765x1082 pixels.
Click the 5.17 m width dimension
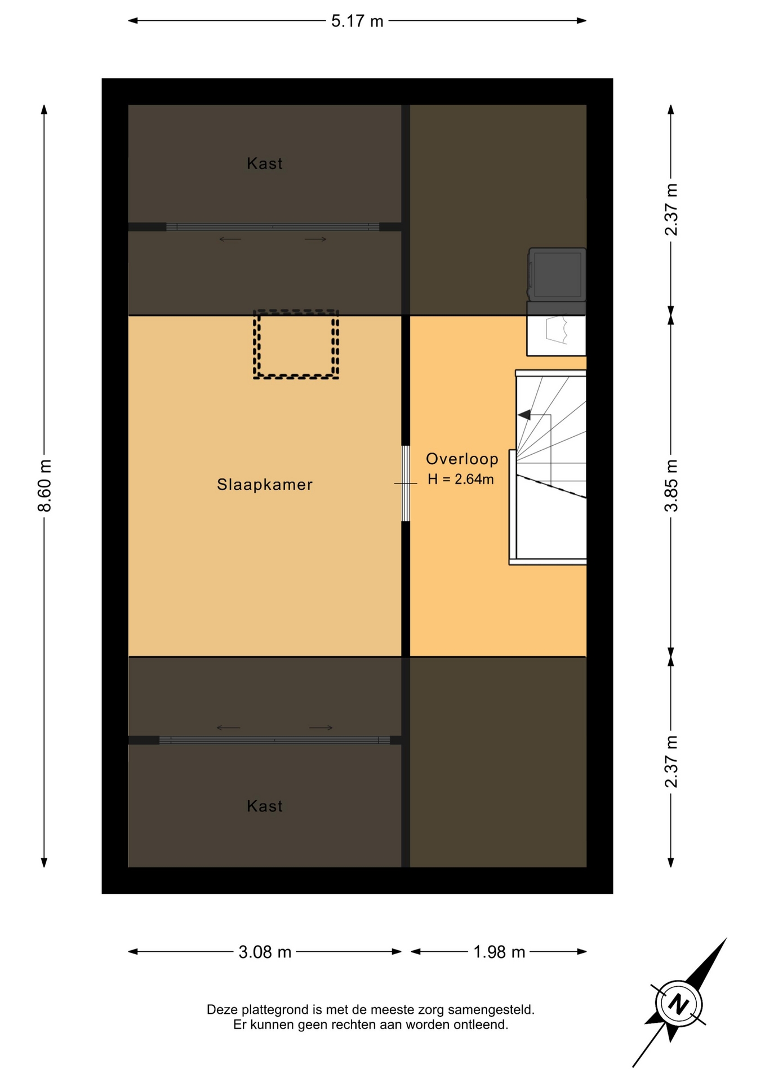pos(357,21)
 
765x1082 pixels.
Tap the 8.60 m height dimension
pos(45,486)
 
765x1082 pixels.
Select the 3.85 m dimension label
pos(671,486)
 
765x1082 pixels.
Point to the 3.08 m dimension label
pos(265,952)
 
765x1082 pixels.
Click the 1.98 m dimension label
pos(499,952)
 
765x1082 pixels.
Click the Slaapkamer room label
pos(265,485)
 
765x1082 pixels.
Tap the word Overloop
pos(462,459)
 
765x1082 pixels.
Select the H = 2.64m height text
pos(461,480)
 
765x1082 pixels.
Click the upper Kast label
pos(265,163)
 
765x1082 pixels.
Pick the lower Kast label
pos(265,806)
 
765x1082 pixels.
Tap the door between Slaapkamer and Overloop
pos(406,484)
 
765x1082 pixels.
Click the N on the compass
pos(679,1004)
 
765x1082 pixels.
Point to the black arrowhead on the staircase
pos(524,415)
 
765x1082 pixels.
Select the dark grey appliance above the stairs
pos(557,274)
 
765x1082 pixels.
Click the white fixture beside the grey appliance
pos(556,335)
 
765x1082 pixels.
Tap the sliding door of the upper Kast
pos(273,227)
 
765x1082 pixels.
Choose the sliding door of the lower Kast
pos(274,740)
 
